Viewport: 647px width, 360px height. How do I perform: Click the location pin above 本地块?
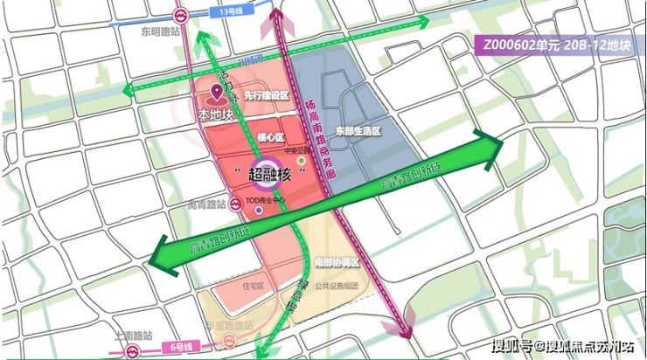click(x=216, y=93)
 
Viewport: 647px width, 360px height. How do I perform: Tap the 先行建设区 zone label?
click(x=267, y=95)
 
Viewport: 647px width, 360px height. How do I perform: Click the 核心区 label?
click(x=272, y=138)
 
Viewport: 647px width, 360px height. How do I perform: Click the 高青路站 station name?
click(x=206, y=204)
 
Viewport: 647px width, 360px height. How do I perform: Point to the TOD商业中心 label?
click(x=268, y=199)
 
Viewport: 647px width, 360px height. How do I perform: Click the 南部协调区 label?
click(x=337, y=261)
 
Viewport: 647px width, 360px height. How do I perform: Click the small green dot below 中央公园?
click(x=301, y=162)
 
